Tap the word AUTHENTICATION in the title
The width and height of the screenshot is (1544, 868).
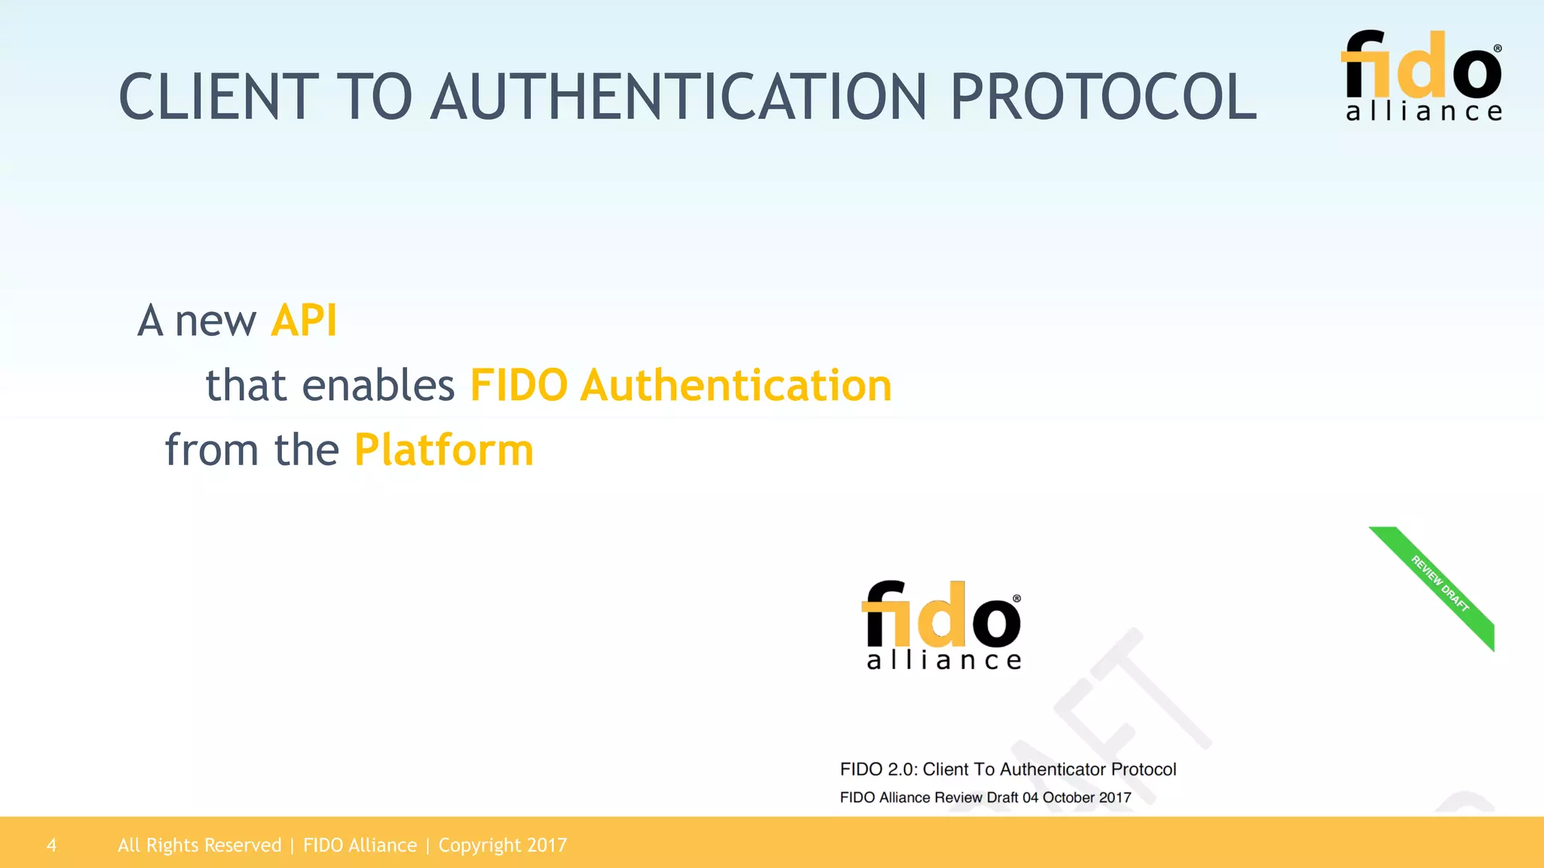click(679, 97)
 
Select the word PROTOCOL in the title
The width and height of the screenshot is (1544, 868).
click(1103, 97)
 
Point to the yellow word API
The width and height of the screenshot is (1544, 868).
click(304, 321)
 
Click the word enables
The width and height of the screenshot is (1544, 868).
click(378, 386)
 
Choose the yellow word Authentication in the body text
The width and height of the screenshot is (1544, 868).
click(736, 386)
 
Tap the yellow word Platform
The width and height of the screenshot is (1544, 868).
click(444, 451)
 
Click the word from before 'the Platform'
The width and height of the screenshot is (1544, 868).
click(212, 451)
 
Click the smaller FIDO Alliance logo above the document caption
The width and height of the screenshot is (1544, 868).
click(942, 625)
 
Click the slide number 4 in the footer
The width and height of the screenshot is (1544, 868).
click(51, 845)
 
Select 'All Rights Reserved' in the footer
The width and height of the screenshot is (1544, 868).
click(199, 845)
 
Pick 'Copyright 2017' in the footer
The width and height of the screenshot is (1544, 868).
click(502, 845)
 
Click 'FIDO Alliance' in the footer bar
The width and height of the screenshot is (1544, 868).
click(360, 845)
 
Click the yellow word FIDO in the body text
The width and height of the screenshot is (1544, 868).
click(519, 386)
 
